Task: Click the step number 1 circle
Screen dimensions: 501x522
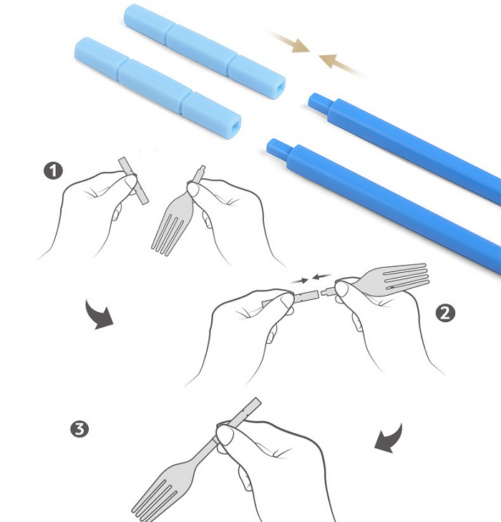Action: [53, 171]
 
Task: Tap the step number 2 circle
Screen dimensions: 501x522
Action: [444, 313]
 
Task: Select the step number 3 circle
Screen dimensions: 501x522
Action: [79, 429]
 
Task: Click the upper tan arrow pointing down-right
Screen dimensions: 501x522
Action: [288, 42]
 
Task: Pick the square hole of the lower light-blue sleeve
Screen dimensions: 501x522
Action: [235, 126]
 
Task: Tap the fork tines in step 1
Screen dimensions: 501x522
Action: [168, 233]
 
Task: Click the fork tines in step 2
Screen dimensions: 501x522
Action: [405, 276]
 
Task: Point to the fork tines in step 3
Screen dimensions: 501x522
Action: [151, 499]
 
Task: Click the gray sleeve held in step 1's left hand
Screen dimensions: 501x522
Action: [133, 180]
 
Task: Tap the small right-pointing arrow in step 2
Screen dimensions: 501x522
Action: [299, 281]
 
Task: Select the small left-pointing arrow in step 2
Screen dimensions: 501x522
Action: [321, 276]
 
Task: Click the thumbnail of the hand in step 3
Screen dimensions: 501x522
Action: [225, 435]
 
